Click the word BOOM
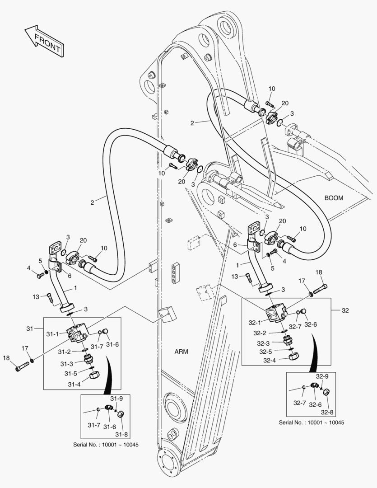(x=334, y=197)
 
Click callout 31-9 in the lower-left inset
(x=116, y=398)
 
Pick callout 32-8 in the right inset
(x=327, y=412)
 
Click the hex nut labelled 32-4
(x=295, y=356)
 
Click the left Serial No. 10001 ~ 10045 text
(x=106, y=445)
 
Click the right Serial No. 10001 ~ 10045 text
(x=312, y=422)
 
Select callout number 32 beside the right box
(x=346, y=310)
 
